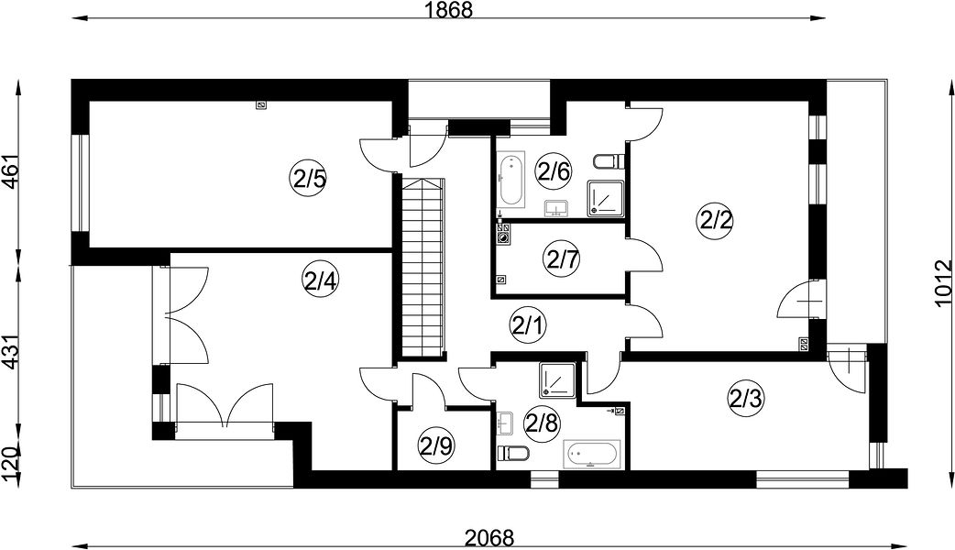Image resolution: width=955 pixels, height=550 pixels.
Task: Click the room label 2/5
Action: (x=308, y=179)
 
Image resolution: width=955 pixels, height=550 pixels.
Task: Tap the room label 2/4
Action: (x=320, y=280)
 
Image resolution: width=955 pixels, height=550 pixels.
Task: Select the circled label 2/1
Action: (x=527, y=326)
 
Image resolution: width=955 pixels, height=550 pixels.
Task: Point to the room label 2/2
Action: (x=715, y=220)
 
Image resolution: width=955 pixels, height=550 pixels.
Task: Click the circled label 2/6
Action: (x=554, y=171)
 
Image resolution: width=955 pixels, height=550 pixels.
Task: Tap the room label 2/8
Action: (x=542, y=423)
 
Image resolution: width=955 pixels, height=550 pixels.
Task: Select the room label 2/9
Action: (x=436, y=447)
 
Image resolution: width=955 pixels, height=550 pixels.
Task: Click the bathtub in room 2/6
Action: (x=511, y=179)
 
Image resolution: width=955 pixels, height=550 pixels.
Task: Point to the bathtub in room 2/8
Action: (x=592, y=454)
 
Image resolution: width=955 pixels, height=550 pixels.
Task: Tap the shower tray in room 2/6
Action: (x=606, y=198)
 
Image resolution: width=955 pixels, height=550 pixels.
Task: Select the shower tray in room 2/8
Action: (x=557, y=380)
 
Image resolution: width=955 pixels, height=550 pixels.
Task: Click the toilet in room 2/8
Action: (x=512, y=453)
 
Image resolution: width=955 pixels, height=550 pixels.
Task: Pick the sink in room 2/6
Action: (x=555, y=208)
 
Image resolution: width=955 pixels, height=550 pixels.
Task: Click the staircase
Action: (x=423, y=267)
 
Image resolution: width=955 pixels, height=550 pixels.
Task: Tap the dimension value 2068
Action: (x=489, y=538)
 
